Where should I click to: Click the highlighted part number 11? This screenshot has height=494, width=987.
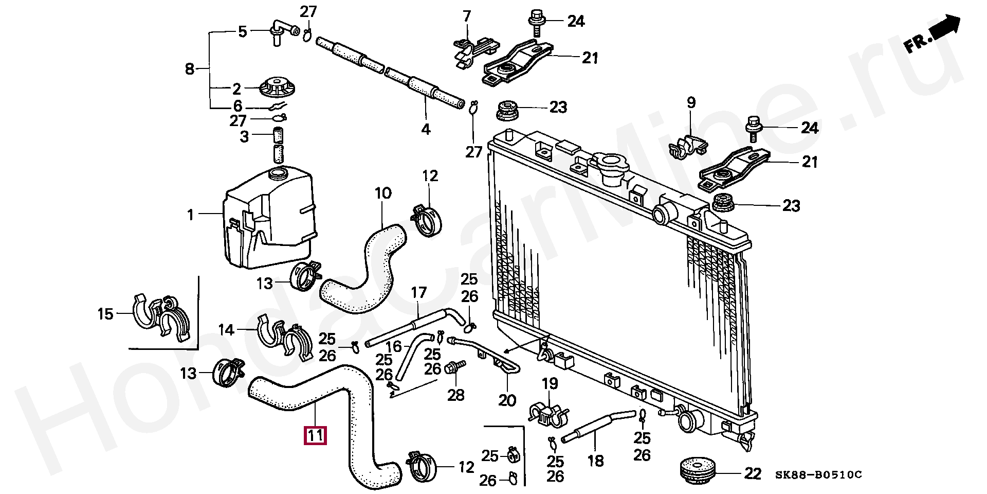315,436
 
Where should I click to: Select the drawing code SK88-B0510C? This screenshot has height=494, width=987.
818,474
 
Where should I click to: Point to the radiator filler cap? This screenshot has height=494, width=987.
610,168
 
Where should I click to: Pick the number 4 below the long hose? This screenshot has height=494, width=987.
426,129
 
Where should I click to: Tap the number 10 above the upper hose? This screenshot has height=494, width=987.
383,193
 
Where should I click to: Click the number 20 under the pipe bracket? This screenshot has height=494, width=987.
507,400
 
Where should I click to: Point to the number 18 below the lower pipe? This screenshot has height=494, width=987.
595,461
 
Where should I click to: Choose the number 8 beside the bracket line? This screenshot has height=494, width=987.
190,68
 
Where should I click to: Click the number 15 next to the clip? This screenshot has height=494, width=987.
105,313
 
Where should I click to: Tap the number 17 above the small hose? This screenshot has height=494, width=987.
418,293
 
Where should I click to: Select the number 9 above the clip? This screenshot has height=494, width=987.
691,102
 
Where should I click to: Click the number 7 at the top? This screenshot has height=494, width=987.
466,16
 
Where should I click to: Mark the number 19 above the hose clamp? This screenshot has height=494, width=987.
549,383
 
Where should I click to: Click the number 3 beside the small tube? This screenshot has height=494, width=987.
245,137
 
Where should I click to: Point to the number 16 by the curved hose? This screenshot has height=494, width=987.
394,346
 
